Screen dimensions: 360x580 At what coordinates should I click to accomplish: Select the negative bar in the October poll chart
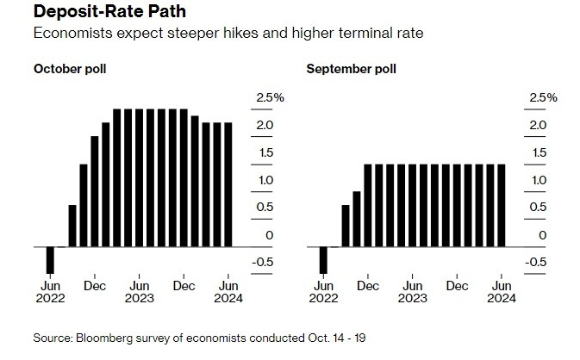click(x=50, y=260)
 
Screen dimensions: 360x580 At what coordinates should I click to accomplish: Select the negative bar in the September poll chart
click(x=323, y=260)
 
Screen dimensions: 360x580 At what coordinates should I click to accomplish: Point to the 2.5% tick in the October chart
click(x=268, y=98)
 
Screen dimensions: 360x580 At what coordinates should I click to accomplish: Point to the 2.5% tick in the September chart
click(x=542, y=98)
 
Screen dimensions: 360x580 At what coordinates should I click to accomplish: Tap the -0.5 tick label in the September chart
click(x=538, y=263)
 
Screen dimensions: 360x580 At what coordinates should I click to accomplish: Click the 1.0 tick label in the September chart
click(x=538, y=180)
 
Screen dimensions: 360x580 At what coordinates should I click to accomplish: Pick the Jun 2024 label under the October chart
click(x=228, y=291)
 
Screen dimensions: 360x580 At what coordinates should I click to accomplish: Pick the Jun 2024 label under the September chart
click(x=502, y=291)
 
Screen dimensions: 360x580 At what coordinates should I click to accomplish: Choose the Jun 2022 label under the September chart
click(x=323, y=291)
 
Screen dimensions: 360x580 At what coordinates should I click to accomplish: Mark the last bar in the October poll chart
click(x=228, y=184)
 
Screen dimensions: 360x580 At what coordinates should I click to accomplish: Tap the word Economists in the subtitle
click(x=67, y=34)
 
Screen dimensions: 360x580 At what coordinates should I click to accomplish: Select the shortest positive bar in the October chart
click(x=72, y=226)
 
